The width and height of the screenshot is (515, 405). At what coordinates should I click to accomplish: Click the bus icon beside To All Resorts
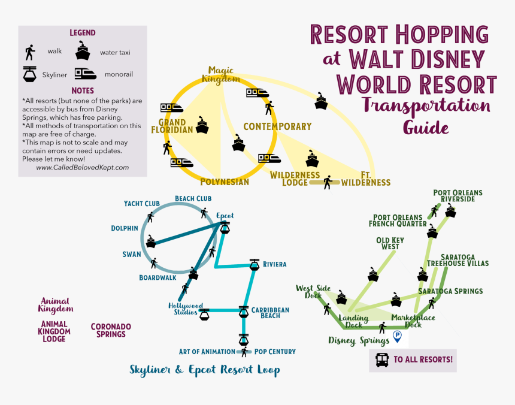pos(381,360)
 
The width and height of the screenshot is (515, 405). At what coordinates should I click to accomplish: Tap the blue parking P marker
pos(396,337)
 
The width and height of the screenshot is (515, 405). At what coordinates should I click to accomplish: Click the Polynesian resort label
pos(224,182)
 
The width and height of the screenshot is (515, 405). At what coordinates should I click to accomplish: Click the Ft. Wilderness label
pos(366,179)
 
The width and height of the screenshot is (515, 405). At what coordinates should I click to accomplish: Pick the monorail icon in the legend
pos(86,74)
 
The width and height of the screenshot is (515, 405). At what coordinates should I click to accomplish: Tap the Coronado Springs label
pos(111,330)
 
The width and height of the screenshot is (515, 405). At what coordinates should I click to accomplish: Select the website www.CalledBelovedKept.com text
pos(83,168)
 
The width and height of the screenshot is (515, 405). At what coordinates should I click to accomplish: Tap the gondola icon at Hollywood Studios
pos(205,313)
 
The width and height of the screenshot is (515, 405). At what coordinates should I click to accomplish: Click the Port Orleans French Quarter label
pos(397,221)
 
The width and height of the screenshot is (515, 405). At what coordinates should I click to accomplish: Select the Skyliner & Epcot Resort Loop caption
pos(204,370)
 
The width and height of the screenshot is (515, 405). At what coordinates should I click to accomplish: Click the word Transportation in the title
pos(426,107)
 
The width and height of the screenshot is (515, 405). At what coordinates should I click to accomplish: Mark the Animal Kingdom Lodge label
pos(54,331)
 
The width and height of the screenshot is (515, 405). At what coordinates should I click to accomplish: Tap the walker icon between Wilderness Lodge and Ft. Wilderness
pos(327,182)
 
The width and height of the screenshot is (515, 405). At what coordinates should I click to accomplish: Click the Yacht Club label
pos(141,204)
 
